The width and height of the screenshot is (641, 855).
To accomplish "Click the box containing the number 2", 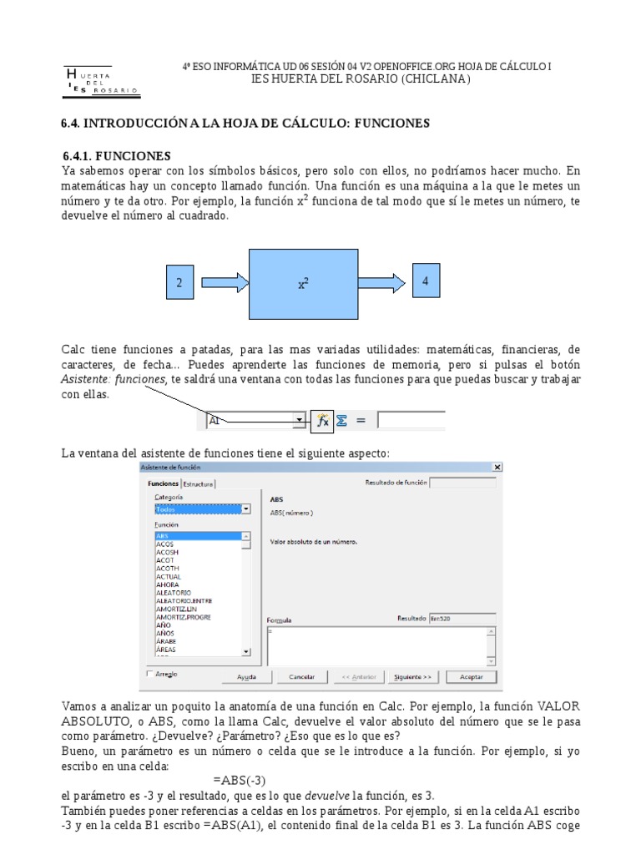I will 179,283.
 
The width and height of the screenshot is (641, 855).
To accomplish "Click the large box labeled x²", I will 304,283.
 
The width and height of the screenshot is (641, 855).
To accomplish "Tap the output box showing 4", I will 426,282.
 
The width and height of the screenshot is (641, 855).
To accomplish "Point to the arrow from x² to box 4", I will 384,282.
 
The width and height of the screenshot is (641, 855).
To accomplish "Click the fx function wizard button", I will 321,422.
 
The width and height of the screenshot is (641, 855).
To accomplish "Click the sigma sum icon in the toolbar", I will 341,422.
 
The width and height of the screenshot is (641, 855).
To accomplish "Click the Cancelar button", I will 301,676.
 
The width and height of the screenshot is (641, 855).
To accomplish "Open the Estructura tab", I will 199,483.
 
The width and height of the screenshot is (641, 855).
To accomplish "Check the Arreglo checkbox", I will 150,674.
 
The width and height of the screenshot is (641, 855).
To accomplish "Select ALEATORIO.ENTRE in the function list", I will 184,600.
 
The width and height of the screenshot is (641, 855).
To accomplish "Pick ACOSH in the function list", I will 167,552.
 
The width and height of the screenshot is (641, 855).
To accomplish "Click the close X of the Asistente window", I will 497,468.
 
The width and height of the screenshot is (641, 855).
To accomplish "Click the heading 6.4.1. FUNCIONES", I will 117,156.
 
